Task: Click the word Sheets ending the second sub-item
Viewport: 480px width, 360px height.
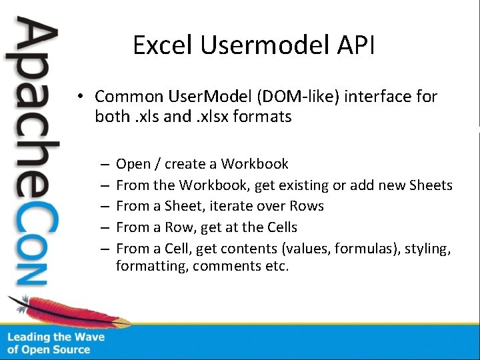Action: (431, 185)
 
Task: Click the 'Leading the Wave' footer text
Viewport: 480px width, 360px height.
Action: (56, 337)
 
